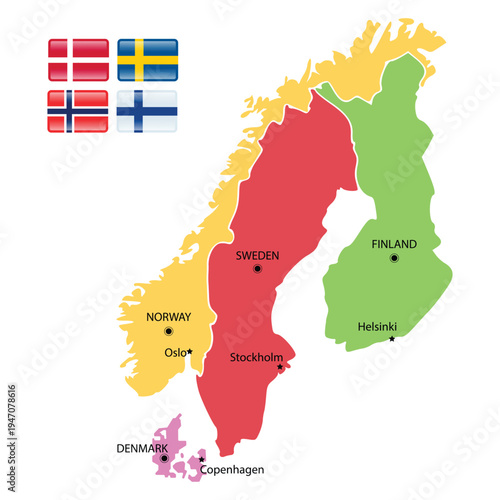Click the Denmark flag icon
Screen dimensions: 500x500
pyautogui.click(x=78, y=59)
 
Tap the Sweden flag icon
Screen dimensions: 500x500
pyautogui.click(x=148, y=59)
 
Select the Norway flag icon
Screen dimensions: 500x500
pyautogui.click(x=78, y=110)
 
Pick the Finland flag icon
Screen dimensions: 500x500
pyautogui.click(x=148, y=110)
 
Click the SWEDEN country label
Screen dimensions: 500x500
pyautogui.click(x=257, y=256)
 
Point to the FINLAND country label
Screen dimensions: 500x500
pyautogui.click(x=394, y=244)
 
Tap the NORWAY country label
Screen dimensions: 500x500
pyautogui.click(x=168, y=317)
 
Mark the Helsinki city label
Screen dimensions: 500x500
pyautogui.click(x=379, y=326)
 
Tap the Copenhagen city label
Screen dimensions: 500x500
pyautogui.click(x=233, y=469)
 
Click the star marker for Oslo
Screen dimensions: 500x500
pyautogui.click(x=190, y=351)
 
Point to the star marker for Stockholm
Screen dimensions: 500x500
pyautogui.click(x=280, y=367)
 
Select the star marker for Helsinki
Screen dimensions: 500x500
pyautogui.click(x=392, y=339)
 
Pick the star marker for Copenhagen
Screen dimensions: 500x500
pyautogui.click(x=201, y=460)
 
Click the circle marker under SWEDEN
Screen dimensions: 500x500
pyautogui.click(x=257, y=269)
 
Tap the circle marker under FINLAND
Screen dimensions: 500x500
pyautogui.click(x=394, y=258)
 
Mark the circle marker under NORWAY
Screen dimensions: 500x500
pyautogui.click(x=168, y=331)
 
